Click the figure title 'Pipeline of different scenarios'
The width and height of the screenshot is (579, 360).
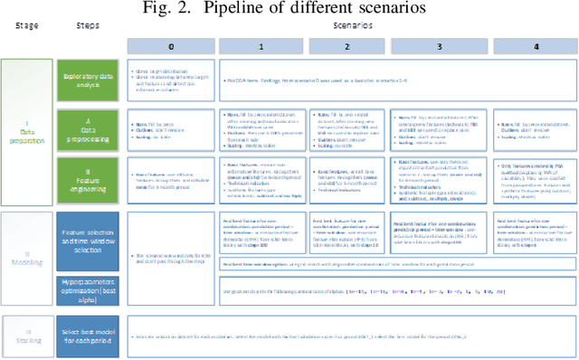[x=289, y=10]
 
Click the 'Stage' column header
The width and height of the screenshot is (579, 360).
[x=24, y=28]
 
